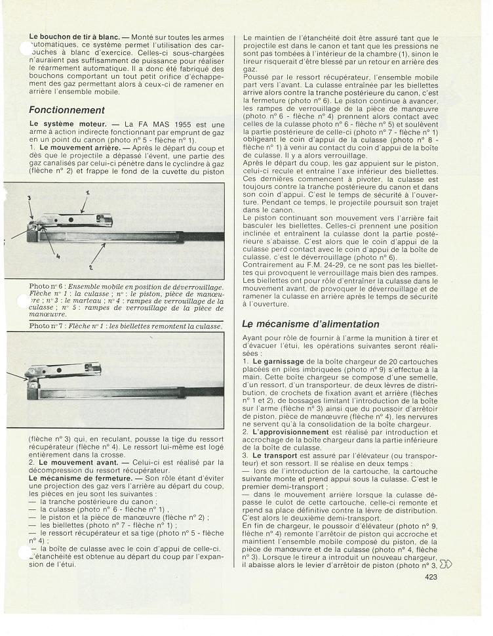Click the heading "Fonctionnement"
click(x=67, y=110)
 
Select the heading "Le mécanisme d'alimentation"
click(x=310, y=324)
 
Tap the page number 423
click(x=431, y=596)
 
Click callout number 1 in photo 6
click(x=87, y=192)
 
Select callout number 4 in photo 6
click(x=58, y=255)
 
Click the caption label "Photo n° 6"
click(x=48, y=287)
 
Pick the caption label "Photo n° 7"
click(x=48, y=326)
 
